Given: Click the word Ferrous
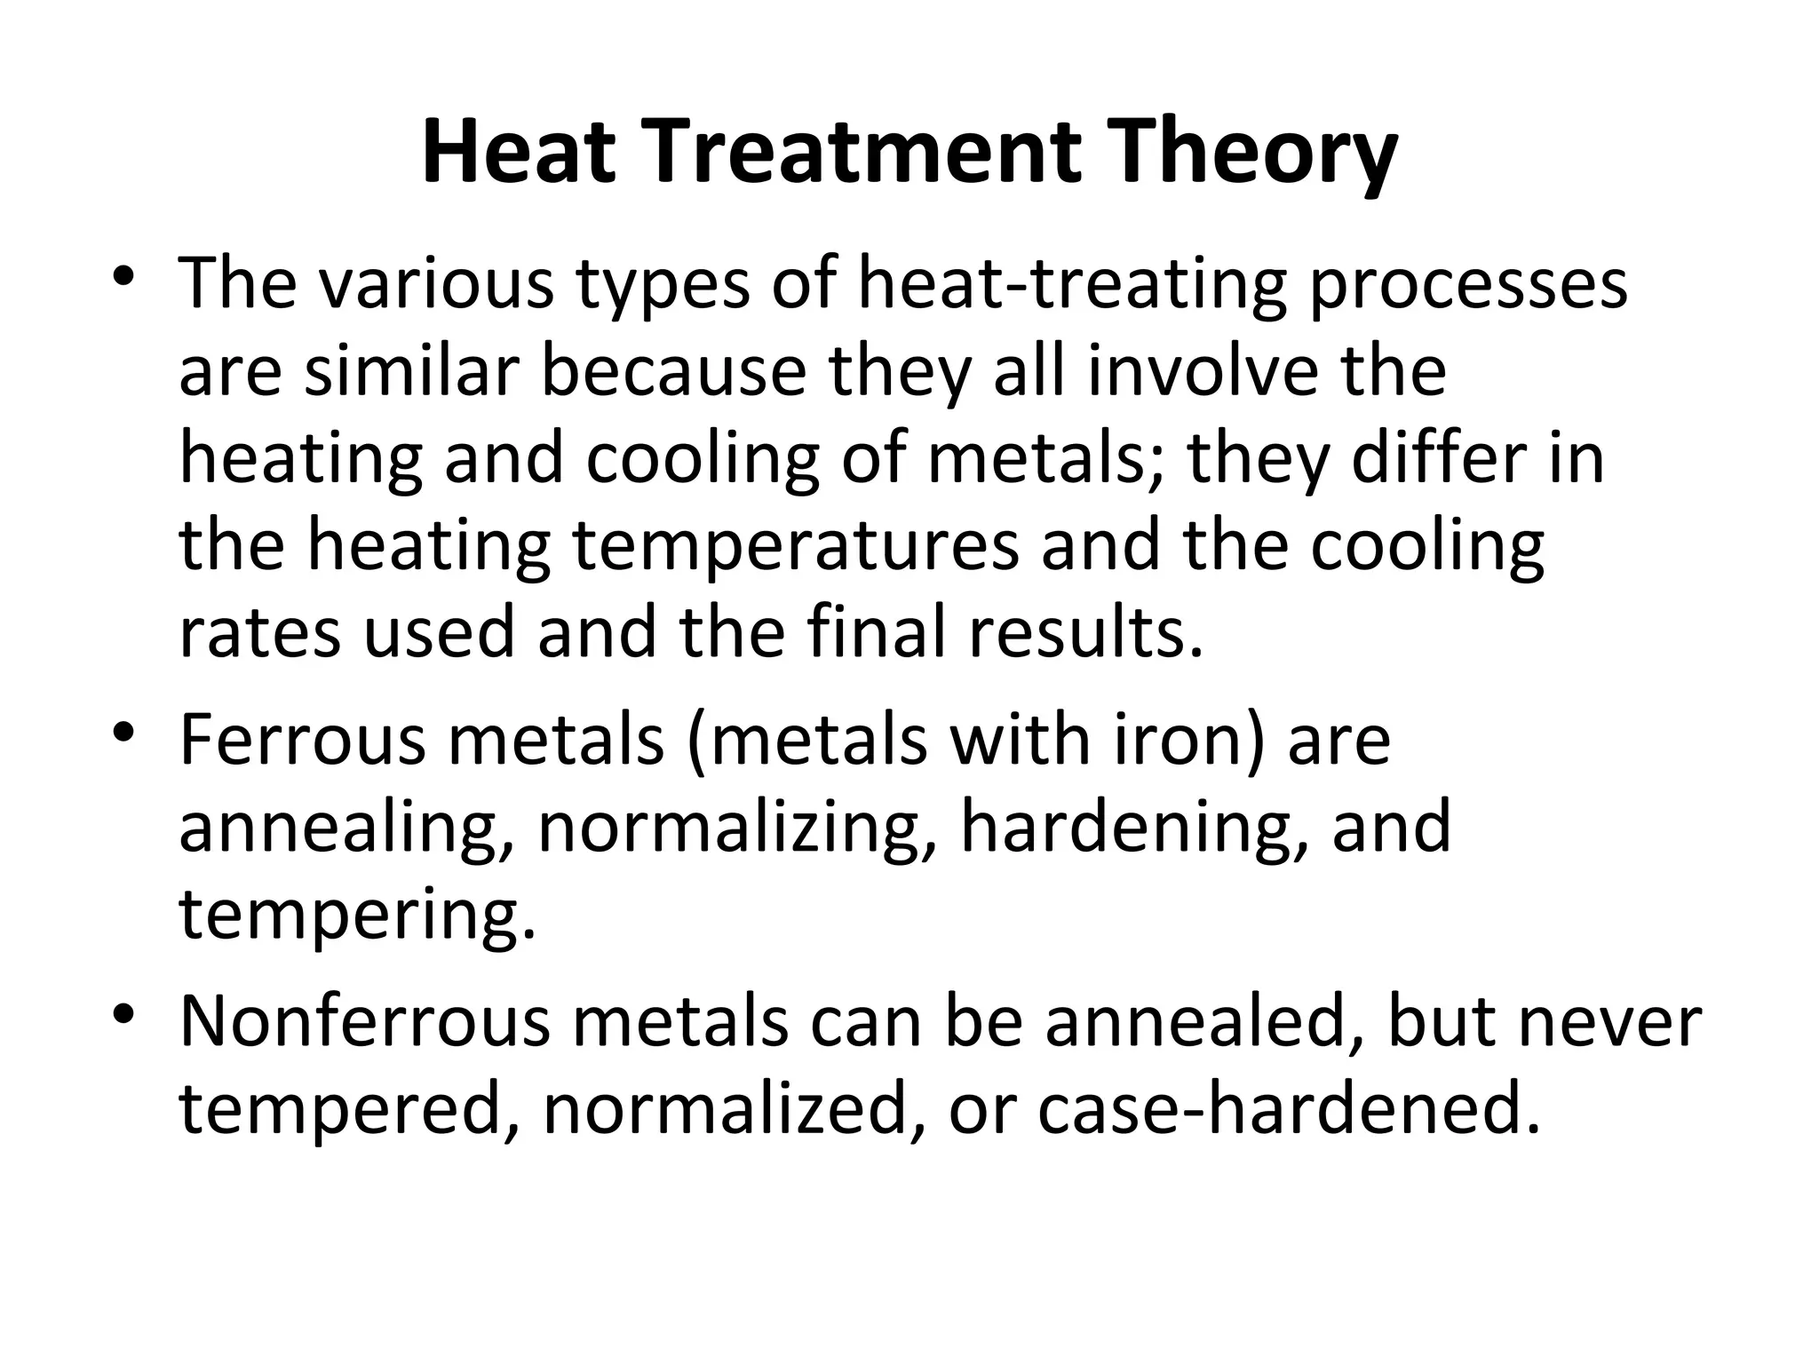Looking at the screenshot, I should [x=302, y=741].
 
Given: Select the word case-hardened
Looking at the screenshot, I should [x=1288, y=1110].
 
